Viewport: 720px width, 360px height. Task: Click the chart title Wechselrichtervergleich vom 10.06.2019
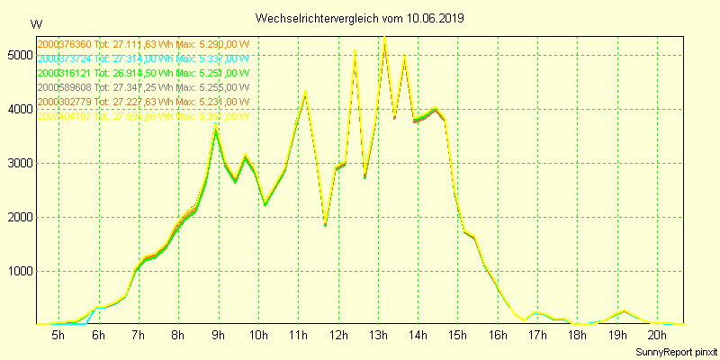[x=360, y=18]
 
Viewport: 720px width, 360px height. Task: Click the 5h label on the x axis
[x=58, y=336]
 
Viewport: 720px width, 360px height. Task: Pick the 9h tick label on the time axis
[x=218, y=336]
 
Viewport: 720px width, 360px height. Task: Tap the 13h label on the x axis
[x=378, y=336]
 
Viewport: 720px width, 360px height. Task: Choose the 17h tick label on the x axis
[x=537, y=336]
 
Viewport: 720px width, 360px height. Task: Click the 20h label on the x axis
[x=657, y=336]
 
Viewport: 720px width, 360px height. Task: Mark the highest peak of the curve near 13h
[x=385, y=38]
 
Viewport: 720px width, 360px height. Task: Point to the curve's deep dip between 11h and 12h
[x=325, y=224]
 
